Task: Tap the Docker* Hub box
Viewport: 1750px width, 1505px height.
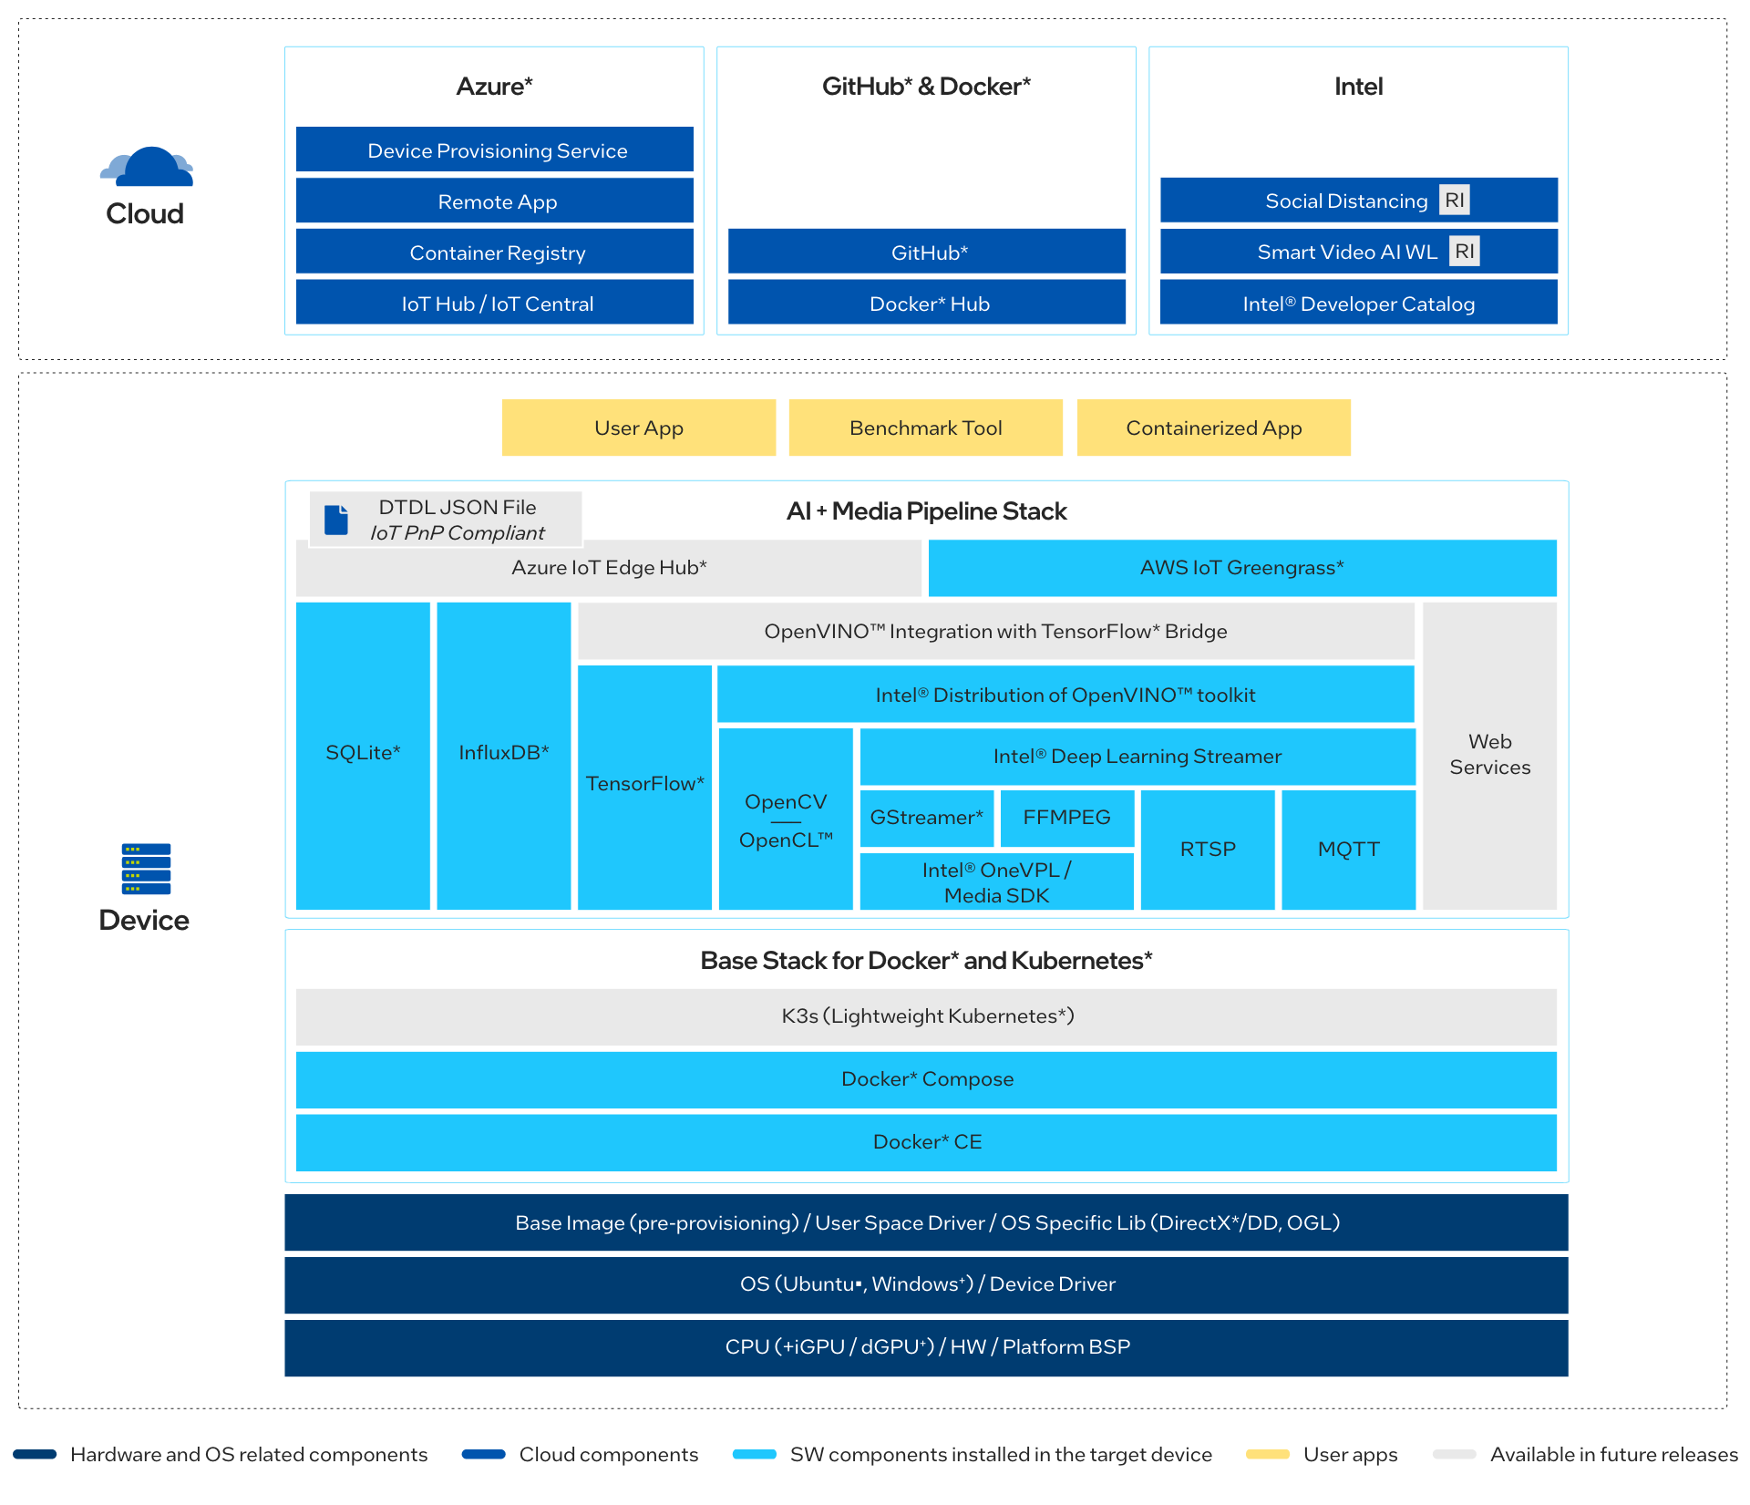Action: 927,304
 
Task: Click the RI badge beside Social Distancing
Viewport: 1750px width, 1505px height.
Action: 1455,201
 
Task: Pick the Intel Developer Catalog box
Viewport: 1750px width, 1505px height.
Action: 1358,304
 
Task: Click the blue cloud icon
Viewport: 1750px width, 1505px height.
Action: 148,168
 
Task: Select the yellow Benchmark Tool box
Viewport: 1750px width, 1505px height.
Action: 925,428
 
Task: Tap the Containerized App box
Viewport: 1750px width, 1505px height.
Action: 1213,428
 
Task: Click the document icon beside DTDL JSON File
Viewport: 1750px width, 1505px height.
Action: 336,520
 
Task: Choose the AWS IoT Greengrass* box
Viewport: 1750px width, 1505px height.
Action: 1241,568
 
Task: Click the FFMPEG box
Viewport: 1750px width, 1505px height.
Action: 1066,818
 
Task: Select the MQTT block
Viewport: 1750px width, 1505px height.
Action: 1348,849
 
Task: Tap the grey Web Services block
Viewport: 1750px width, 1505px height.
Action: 1489,755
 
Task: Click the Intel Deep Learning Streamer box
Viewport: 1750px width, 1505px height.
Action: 1137,757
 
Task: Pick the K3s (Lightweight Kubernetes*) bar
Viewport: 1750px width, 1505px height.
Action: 926,1016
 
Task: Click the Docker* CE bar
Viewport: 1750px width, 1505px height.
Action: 926,1142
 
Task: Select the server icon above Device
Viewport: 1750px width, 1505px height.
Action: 146,869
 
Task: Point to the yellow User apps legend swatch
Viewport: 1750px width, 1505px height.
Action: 1267,1454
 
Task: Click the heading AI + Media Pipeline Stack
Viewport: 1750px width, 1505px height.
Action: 926,511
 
